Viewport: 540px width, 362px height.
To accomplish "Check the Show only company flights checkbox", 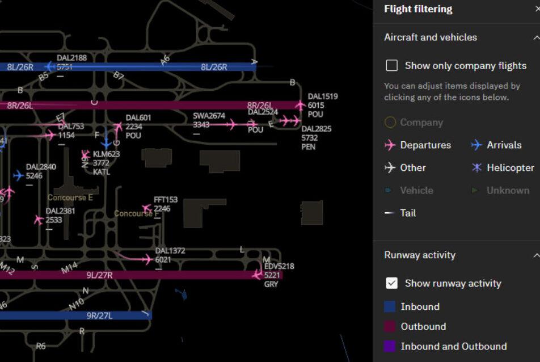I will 391,66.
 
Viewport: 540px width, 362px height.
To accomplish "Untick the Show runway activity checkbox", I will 391,283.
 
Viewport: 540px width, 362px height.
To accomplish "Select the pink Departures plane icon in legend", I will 390,145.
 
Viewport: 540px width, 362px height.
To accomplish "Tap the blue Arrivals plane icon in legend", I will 476,145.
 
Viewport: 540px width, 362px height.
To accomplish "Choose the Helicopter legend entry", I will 476,168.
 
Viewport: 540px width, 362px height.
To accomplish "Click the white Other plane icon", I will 390,168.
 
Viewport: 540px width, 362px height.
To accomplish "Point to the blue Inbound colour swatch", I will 390,307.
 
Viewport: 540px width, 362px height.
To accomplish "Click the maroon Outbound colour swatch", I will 390,327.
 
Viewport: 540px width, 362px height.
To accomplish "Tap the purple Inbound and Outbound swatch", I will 390,347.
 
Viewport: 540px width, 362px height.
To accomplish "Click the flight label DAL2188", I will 72,58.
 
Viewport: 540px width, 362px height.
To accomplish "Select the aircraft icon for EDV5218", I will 257,275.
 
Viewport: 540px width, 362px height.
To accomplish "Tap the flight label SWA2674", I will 209,116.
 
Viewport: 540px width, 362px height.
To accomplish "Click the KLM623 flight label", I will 107,154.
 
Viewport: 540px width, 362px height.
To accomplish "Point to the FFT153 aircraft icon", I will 147,209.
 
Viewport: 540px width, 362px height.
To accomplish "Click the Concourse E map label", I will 70,198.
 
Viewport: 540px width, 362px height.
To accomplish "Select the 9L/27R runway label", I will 99,275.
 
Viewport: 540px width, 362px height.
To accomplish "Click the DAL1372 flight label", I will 170,251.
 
